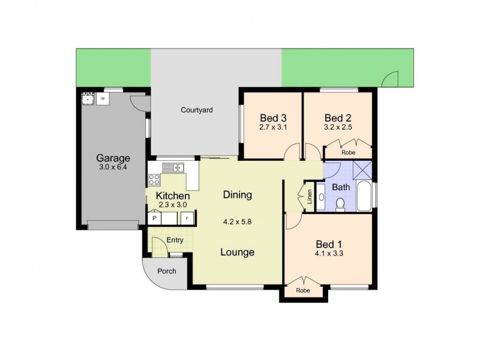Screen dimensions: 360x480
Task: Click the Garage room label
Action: [x=113, y=158]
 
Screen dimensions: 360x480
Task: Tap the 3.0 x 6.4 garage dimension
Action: [x=113, y=167]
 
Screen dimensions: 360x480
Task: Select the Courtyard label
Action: [x=197, y=110]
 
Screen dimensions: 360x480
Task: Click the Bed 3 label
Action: [x=272, y=118]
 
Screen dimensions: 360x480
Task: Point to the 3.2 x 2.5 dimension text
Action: [x=338, y=127]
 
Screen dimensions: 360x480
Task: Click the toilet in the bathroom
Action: [x=340, y=205]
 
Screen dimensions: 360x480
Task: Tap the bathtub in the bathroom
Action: [x=364, y=197]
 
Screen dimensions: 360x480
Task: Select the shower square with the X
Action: [x=362, y=170]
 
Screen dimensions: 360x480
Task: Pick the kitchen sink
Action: [x=173, y=167]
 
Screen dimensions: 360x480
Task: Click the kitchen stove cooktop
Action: [x=154, y=179]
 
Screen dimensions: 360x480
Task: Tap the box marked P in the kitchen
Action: [x=154, y=218]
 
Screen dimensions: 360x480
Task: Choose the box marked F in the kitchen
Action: [x=187, y=218]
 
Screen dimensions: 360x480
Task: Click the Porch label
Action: [x=166, y=271]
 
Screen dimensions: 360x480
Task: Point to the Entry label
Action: [x=175, y=240]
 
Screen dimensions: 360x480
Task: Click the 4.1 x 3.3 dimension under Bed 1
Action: [x=329, y=253]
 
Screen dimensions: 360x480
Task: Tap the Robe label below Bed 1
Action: [x=303, y=290]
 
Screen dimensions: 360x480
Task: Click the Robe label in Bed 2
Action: [x=348, y=152]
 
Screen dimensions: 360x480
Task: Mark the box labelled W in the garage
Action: [x=103, y=97]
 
